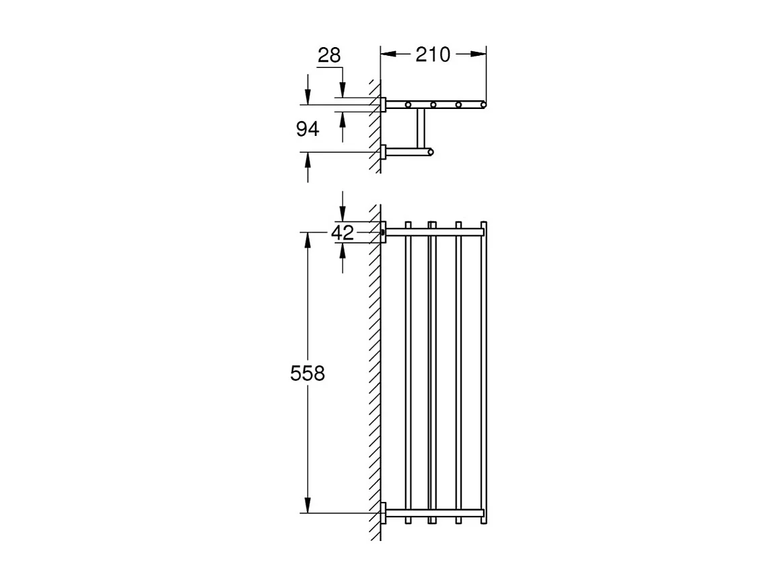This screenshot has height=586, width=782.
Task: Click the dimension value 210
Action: coord(432,54)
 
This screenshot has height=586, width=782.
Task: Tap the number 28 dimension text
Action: coord(329,55)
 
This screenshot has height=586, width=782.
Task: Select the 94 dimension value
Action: coord(308,129)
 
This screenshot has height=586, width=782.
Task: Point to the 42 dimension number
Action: coord(343,233)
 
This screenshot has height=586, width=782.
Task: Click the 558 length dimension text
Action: coord(308,373)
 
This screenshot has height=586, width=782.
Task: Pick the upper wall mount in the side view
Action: coord(384,104)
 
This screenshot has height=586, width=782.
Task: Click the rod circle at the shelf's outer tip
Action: coord(483,104)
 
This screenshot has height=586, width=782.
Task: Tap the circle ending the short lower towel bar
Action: coord(431,152)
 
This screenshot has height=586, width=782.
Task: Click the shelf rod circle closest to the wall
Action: coord(408,104)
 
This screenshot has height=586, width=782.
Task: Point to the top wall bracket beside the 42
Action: coord(384,232)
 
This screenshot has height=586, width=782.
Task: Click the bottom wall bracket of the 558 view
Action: coord(384,513)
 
